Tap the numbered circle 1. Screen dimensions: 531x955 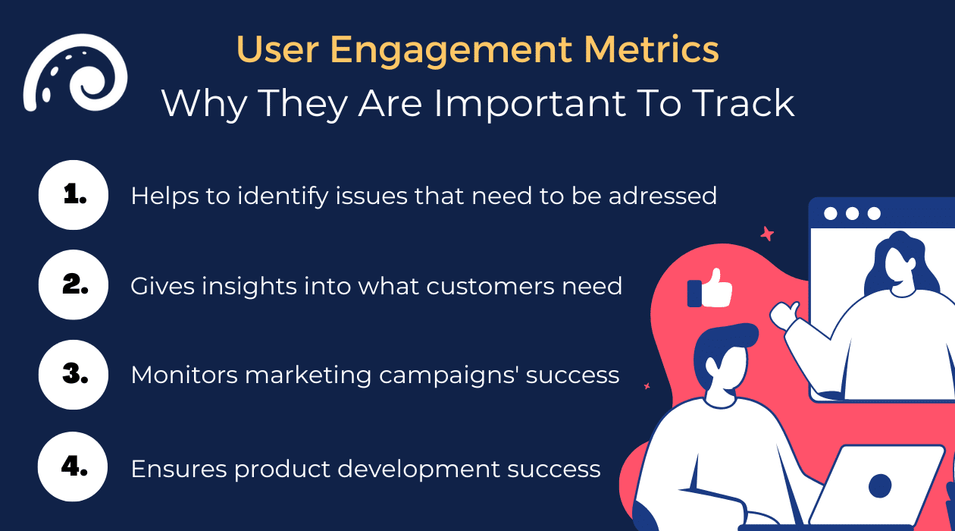(74, 195)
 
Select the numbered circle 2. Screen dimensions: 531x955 (74, 285)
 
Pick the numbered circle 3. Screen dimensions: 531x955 (74, 375)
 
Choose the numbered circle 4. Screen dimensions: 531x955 (74, 467)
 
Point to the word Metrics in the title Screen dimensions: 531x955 (647, 50)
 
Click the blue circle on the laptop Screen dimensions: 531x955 (880, 485)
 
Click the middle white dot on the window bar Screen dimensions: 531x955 (852, 213)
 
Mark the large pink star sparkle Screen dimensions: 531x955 (767, 234)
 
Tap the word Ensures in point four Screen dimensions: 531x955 (178, 469)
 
